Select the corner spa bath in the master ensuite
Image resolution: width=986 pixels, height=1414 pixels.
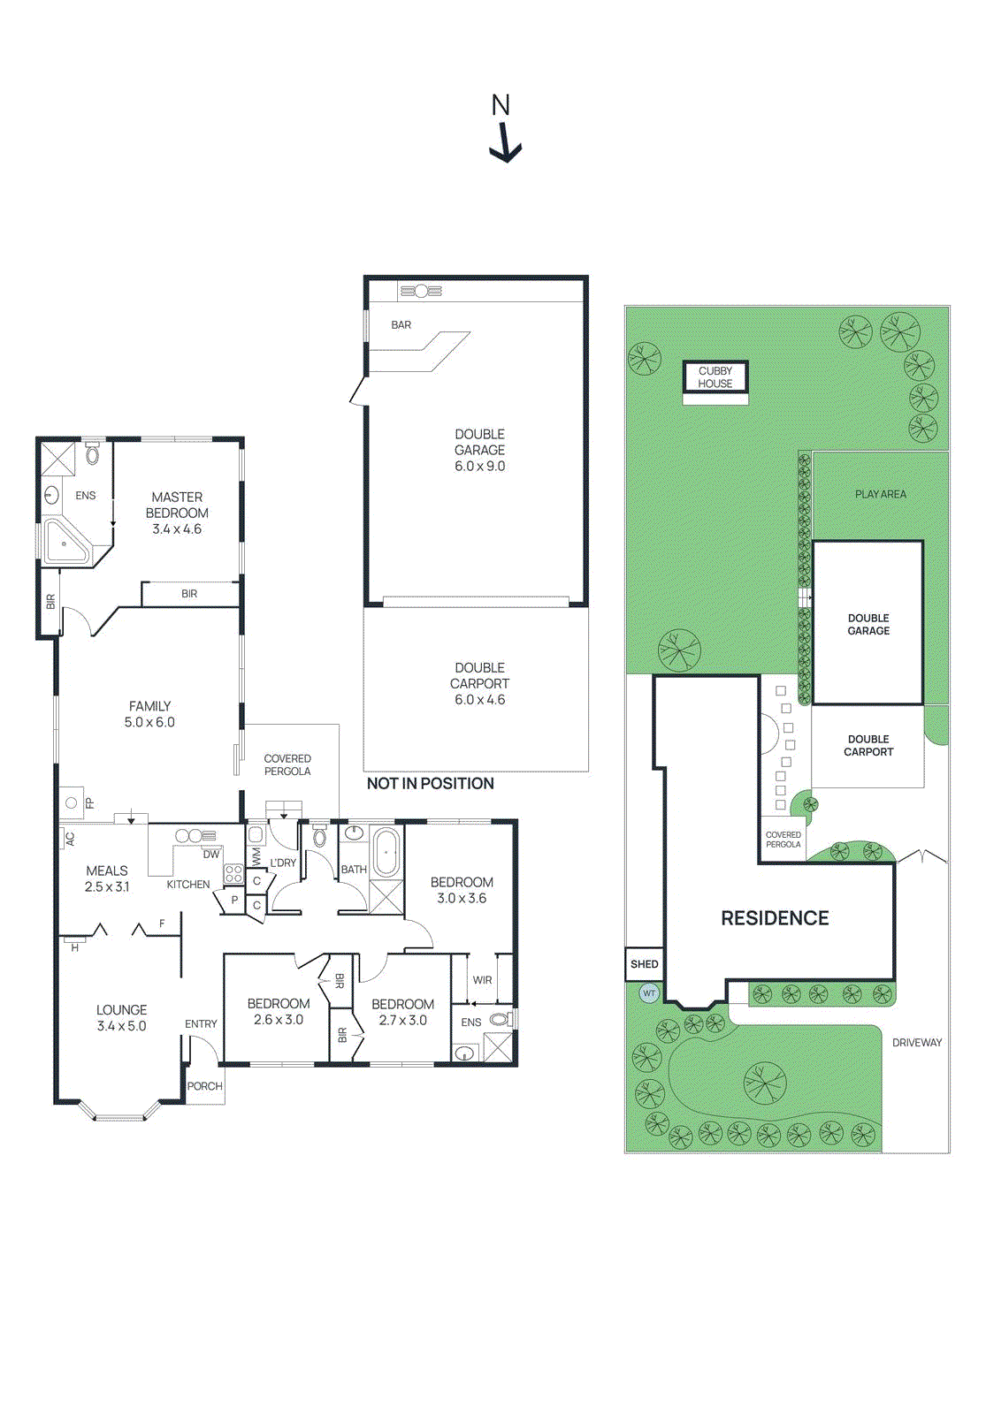click(66, 542)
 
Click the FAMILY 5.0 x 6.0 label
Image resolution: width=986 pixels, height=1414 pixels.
click(149, 714)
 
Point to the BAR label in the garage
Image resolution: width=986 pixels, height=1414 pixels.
click(401, 325)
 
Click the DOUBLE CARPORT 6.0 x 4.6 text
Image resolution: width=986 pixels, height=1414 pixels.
click(479, 683)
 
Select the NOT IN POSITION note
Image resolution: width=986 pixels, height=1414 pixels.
click(430, 784)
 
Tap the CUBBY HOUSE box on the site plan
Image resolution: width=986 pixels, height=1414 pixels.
click(715, 377)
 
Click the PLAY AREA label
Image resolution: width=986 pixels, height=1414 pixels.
click(880, 494)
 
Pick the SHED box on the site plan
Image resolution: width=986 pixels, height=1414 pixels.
click(644, 964)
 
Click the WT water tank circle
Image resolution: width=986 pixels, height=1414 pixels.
click(649, 993)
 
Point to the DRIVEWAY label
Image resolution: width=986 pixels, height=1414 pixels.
click(916, 1043)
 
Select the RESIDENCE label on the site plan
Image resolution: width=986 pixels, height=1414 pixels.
click(775, 918)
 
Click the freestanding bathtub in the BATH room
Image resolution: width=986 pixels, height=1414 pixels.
click(386, 852)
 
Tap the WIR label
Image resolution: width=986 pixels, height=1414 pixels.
click(482, 980)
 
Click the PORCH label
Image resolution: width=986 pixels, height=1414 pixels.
click(204, 1086)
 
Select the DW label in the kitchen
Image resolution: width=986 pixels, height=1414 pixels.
click(210, 855)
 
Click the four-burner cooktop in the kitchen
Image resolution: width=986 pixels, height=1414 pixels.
click(233, 874)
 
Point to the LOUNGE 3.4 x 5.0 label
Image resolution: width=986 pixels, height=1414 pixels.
click(121, 1018)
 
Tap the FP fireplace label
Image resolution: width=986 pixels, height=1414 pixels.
click(89, 803)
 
